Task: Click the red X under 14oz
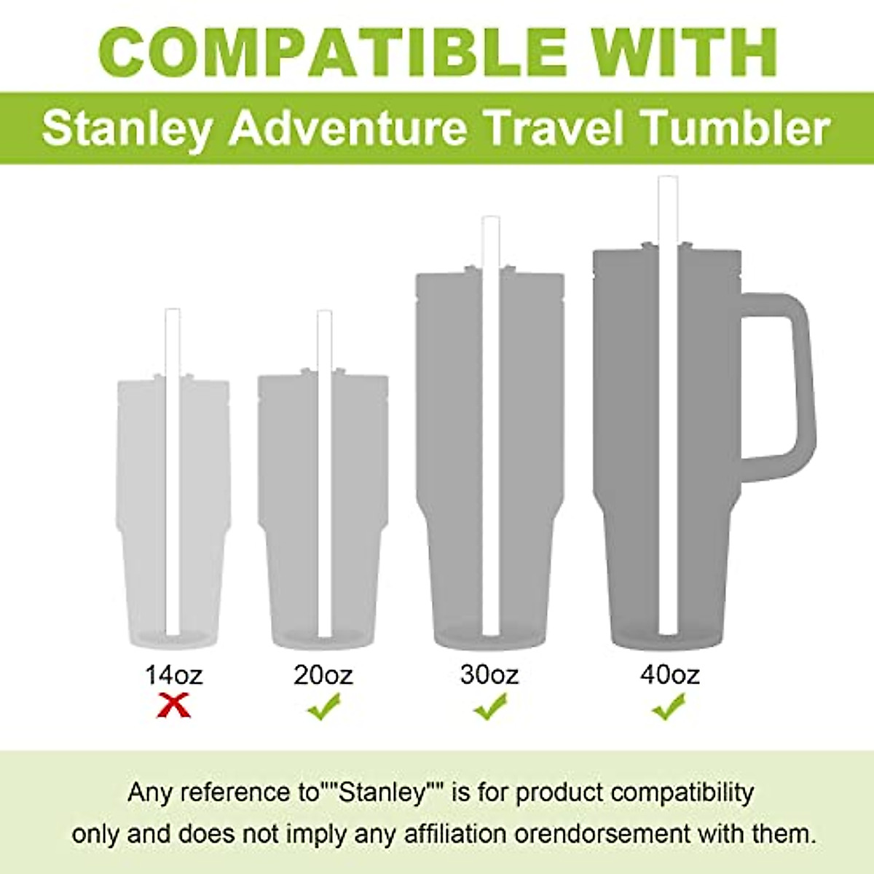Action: (x=175, y=705)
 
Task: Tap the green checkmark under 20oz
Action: (x=324, y=706)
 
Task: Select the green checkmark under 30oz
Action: (x=490, y=706)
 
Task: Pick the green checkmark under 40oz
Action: (x=669, y=705)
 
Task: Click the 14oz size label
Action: (x=173, y=674)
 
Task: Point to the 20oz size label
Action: (x=323, y=674)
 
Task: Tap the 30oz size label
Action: (x=489, y=674)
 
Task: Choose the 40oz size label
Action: (x=670, y=674)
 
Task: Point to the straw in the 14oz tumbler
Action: (x=173, y=473)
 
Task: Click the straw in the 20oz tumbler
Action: (x=325, y=473)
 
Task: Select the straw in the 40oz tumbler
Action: (x=669, y=408)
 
